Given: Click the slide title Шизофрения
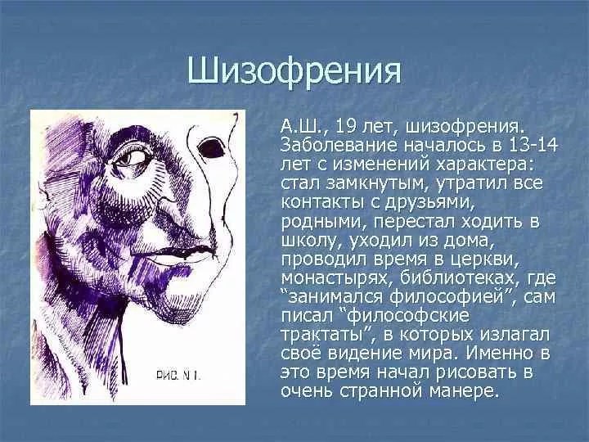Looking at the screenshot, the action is click(x=294, y=70).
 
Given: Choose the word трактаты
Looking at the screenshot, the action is click(x=323, y=335).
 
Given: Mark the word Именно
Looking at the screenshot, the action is click(x=499, y=354).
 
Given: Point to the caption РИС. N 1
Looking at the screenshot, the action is click(x=178, y=375).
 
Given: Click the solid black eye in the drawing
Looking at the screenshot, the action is click(x=211, y=148).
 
